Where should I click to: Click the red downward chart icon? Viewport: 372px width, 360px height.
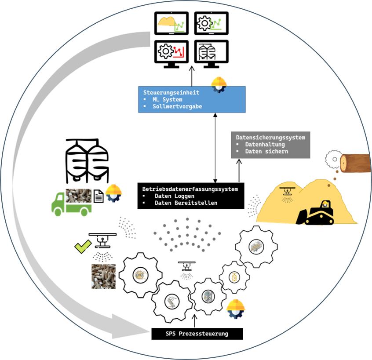[178, 52]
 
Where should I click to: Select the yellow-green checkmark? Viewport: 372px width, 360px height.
[83, 247]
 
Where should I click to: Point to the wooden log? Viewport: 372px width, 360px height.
[355, 164]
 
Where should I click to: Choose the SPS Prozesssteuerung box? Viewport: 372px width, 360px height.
[197, 334]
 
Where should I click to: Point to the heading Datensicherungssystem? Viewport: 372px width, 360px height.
[270, 138]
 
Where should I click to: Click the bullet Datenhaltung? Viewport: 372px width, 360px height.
[265, 144]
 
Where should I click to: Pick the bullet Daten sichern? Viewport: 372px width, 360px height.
[266, 151]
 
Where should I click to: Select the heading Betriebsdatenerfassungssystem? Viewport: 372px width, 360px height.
[190, 189]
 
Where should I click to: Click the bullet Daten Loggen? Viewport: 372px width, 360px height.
[174, 196]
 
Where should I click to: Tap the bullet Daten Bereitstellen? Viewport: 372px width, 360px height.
[186, 203]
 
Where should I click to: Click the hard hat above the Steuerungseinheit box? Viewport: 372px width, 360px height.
[219, 83]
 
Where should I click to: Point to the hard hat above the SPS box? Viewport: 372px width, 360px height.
[236, 308]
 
